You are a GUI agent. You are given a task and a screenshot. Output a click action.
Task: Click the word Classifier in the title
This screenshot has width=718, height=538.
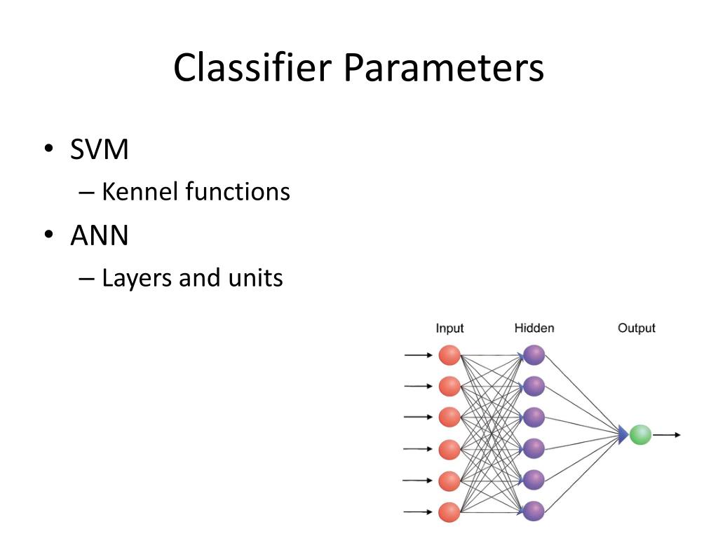coord(252,68)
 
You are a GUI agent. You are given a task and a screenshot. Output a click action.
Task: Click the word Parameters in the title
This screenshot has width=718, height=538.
coord(444,68)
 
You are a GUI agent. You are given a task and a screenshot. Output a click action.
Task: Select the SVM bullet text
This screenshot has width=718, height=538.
coord(100,149)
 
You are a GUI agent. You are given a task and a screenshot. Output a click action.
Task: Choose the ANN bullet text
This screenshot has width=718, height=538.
coord(100,235)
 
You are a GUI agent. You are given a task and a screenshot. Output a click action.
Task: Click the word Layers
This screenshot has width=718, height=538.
coord(137,278)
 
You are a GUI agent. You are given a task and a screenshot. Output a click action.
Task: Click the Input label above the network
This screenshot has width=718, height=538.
coord(449,329)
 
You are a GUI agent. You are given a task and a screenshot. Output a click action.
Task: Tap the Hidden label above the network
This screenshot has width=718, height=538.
coord(534,328)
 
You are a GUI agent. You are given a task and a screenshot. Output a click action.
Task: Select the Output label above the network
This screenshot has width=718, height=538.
coord(637,329)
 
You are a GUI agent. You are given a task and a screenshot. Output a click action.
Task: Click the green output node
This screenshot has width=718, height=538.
coord(640,434)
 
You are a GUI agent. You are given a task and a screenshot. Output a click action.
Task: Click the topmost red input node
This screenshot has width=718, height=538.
coord(449,355)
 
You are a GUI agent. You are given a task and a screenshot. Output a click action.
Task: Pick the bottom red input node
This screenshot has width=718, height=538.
coord(449,512)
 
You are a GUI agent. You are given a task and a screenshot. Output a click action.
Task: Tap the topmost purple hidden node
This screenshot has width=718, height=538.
coord(534,355)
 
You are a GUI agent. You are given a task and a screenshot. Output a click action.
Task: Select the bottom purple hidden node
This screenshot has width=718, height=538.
coord(534,511)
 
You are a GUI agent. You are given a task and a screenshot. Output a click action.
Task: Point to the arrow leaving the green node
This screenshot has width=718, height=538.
coord(667,435)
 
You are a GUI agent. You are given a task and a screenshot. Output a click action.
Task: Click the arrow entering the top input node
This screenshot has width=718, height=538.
coord(418,355)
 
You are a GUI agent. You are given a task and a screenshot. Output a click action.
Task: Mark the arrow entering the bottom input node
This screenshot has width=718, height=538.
coord(417,512)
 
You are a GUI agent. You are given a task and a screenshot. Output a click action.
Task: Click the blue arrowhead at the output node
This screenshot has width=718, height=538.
coord(623,434)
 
